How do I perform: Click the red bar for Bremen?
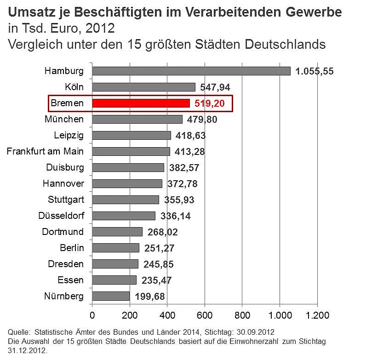pos(141,103)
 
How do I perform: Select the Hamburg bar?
pos(191,71)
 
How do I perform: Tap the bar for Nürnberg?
pos(111,296)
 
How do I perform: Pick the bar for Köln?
pos(143,87)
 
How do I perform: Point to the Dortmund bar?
pos(117,232)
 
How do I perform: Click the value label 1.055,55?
pos(315,71)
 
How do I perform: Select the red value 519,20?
pos(209,103)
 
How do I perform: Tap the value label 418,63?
pos(190,136)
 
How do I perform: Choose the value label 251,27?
pos(158,248)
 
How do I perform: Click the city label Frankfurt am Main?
pos(45,151)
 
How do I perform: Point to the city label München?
pos(64,119)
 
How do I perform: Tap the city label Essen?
pos(71,280)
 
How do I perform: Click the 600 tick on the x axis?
pos(205,315)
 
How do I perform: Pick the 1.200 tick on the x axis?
pos(317,315)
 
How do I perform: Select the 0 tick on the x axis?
pos(92,315)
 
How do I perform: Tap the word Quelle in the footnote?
pos(19,332)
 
